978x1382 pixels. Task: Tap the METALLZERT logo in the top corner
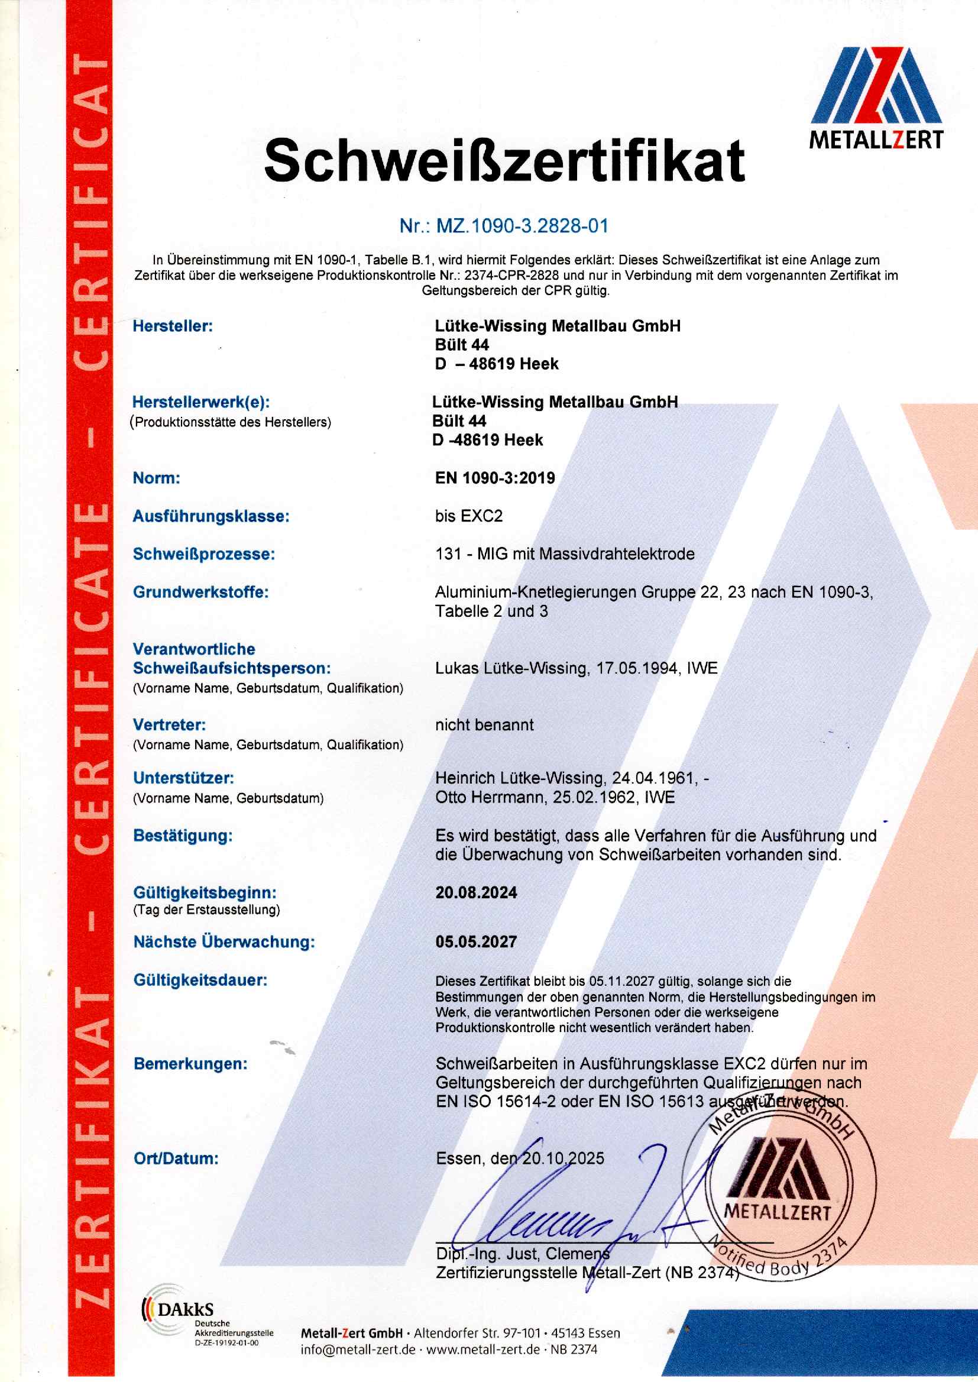coord(876,99)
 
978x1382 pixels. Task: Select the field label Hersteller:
coord(173,326)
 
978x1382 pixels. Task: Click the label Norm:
coord(157,478)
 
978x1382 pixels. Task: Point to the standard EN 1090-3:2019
coord(494,478)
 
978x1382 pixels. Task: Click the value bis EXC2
coord(468,516)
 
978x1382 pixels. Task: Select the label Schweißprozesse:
coord(203,554)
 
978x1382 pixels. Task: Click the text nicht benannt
coord(484,725)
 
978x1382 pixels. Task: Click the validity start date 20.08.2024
coord(476,892)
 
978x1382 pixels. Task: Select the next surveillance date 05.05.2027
coord(476,942)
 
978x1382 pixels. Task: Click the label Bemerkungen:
coord(190,1063)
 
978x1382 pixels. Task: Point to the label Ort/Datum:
coord(176,1158)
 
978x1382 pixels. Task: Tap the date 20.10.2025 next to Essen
coord(562,1158)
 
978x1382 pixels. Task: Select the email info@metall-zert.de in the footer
coord(358,1349)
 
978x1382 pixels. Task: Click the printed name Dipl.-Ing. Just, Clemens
coord(522,1254)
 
